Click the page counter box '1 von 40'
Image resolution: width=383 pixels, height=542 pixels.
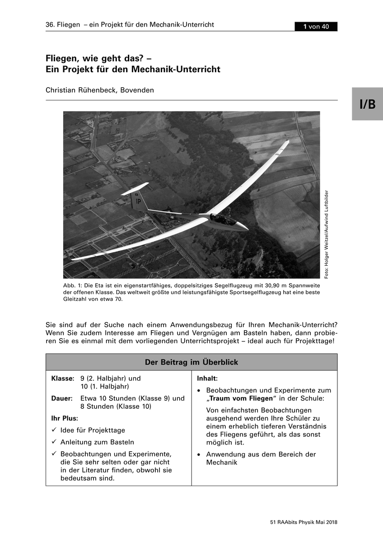tap(316, 27)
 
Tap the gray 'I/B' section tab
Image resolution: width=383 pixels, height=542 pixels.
tap(367, 104)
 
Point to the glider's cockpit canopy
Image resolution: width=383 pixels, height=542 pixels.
tap(224, 220)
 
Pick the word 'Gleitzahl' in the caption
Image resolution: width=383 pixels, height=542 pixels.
tap(75, 299)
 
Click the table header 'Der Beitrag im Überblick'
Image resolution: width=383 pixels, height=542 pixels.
tap(191, 362)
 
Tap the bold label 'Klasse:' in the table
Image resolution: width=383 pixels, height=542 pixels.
tap(62, 378)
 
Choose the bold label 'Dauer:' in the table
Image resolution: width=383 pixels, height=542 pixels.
tap(62, 398)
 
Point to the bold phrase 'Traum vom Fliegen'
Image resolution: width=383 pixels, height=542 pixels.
tap(241, 398)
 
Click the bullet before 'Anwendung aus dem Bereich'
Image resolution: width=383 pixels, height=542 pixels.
tap(199, 454)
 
